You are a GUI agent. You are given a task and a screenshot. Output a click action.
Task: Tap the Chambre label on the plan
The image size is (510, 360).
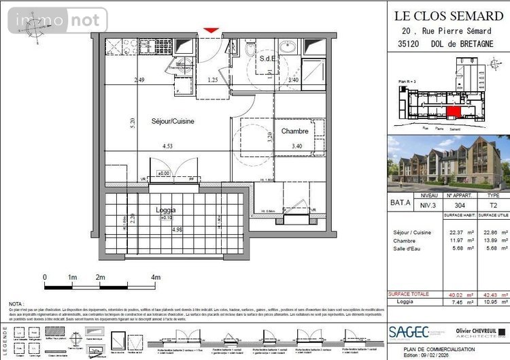[x=294, y=131]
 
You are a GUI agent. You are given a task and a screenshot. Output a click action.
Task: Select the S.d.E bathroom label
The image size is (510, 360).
[x=268, y=59]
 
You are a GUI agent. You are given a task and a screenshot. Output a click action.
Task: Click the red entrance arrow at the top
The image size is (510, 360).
[x=211, y=30]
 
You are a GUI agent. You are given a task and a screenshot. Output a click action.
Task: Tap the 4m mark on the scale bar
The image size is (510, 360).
[x=156, y=278]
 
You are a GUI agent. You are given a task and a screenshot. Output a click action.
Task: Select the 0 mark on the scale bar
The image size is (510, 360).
[x=45, y=278]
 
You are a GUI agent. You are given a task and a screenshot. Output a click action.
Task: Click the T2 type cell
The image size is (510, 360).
[x=493, y=205]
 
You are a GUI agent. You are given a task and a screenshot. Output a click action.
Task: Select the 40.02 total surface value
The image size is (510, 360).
[x=460, y=295]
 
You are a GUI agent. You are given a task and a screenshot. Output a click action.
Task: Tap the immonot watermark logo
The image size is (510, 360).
[x=58, y=20]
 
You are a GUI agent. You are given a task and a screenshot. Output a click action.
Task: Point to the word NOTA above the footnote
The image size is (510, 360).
[x=16, y=304]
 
